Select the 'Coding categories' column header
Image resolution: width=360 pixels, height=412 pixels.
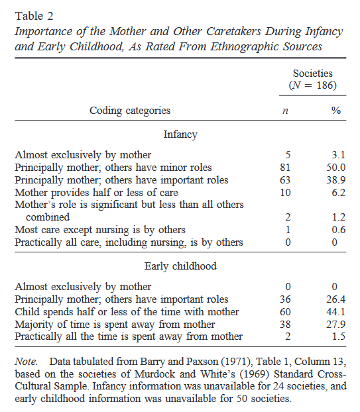pos(130,111)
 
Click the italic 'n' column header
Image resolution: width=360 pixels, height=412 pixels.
pos(285,111)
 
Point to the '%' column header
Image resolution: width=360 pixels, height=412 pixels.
pos(335,111)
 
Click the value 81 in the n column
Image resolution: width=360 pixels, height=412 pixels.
pos(285,168)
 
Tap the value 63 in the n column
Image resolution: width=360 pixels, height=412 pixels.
pos(285,180)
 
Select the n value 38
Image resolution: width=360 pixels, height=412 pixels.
pos(285,325)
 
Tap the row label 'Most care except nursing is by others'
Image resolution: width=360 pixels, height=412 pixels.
pos(99,230)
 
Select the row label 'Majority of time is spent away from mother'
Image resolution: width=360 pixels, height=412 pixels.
pos(115,325)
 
